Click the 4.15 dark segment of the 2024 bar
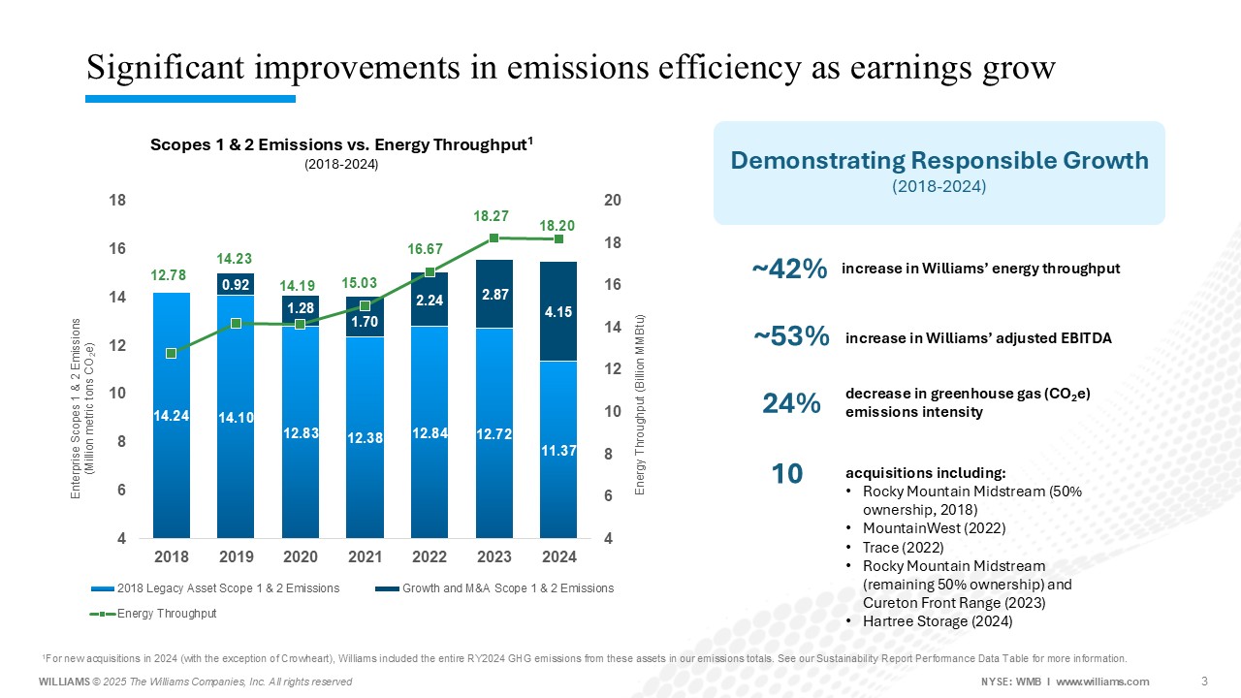(558, 312)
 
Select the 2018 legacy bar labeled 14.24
(172, 415)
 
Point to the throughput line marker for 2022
(430, 272)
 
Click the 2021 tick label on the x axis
(365, 557)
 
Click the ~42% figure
(789, 270)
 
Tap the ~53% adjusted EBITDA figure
(791, 336)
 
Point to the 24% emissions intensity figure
(792, 403)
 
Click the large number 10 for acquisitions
(786, 474)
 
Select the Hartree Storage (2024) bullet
(937, 621)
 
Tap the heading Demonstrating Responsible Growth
(939, 160)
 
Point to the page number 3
(1204, 681)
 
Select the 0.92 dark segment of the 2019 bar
(236, 285)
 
